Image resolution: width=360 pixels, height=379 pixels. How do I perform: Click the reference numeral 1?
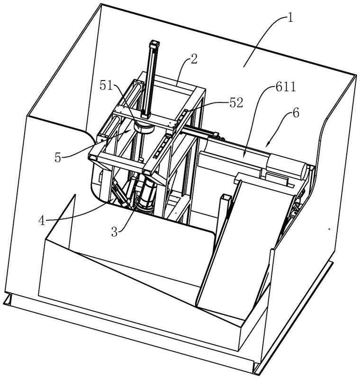(290, 18)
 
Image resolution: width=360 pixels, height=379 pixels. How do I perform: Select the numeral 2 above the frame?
(194, 59)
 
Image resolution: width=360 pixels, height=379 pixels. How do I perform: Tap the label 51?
(107, 85)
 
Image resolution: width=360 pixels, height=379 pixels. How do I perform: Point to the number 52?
(236, 103)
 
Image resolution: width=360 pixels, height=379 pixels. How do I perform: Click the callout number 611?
(286, 87)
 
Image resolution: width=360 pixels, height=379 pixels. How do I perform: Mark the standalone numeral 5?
(58, 158)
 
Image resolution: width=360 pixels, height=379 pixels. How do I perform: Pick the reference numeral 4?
(42, 221)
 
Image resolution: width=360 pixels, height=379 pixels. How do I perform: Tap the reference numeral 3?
(114, 232)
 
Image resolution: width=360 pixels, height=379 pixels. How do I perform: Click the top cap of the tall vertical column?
(154, 44)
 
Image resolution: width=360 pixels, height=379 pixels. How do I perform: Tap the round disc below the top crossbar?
(144, 127)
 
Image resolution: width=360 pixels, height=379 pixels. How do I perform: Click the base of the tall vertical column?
(146, 116)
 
